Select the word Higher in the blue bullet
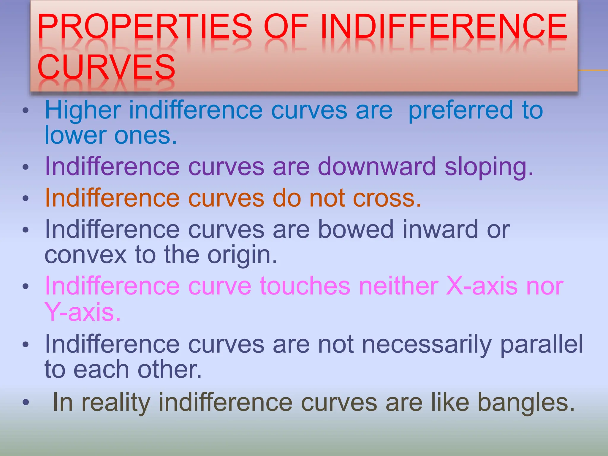point(83,110)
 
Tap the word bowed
point(356,229)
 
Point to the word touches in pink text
point(305,286)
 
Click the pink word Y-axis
point(83,312)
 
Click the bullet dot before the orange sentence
point(26,198)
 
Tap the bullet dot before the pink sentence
point(26,286)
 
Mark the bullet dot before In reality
point(26,402)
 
